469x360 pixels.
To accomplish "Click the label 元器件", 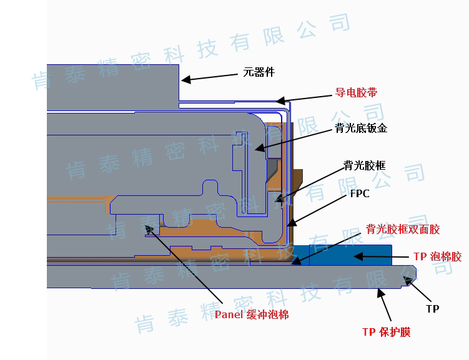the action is click(259, 72).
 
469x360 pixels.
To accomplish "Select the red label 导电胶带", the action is click(356, 92).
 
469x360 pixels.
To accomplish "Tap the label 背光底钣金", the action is click(361, 128).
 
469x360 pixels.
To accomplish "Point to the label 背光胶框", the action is click(365, 165).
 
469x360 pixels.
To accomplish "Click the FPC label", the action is click(360, 193).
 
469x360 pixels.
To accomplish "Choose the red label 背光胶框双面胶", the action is click(403, 229).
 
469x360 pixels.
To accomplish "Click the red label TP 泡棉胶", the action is click(438, 256).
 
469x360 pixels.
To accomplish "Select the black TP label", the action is click(433, 308).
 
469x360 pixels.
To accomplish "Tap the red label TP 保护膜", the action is click(387, 332).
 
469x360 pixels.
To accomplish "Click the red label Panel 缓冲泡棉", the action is click(252, 314).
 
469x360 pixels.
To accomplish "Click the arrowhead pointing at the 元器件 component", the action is click(185, 80).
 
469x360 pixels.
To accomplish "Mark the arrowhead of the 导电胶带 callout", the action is click(280, 100).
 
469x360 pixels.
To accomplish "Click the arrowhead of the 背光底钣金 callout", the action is click(260, 147).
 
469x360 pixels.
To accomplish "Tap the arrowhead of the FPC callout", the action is click(292, 222).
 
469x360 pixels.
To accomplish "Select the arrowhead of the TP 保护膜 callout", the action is click(381, 293).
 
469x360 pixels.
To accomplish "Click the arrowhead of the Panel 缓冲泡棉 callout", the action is click(149, 229).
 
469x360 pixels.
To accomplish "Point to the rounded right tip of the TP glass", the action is click(415, 275).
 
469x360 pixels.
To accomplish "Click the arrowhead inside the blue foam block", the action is click(358, 256).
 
